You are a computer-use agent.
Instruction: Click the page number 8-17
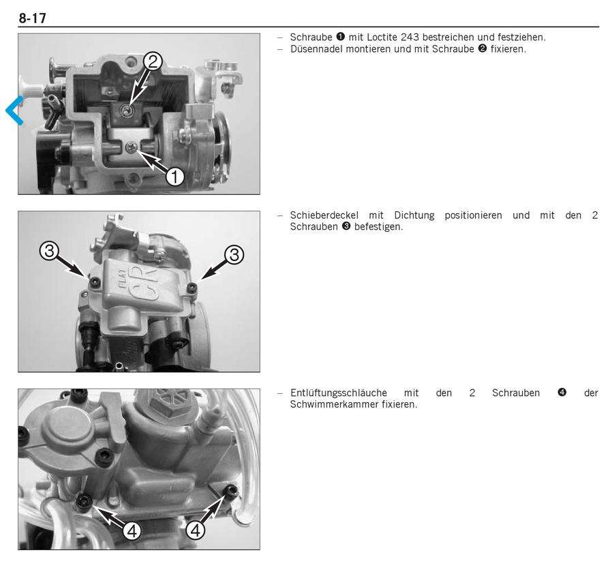32,18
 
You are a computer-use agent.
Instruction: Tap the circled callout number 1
174,177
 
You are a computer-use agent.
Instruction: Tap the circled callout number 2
152,61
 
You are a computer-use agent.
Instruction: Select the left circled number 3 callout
49,251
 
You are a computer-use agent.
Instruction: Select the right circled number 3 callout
234,255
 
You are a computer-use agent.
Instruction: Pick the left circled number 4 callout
132,530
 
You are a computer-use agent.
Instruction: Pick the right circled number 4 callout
196,530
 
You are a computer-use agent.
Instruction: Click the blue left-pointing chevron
14,110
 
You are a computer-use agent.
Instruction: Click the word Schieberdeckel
324,215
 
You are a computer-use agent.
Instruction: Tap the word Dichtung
414,215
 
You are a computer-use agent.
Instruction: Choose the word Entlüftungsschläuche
339,393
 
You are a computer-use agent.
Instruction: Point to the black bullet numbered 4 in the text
562,393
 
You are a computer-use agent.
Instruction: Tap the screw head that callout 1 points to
131,147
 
